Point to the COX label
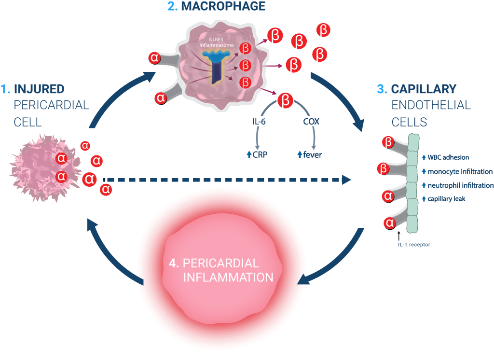click(x=311, y=122)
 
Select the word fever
click(x=312, y=155)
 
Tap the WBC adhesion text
click(x=448, y=157)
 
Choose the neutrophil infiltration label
click(x=461, y=185)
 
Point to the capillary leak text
click(x=446, y=199)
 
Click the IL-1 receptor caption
click(x=413, y=245)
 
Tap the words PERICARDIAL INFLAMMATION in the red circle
click(x=221, y=270)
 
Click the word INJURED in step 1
click(x=39, y=89)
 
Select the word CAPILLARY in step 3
click(x=424, y=89)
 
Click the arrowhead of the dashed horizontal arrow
click(x=346, y=180)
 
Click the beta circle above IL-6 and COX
click(x=286, y=100)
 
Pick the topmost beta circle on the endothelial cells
click(x=388, y=143)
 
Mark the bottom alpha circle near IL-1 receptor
click(x=390, y=222)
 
